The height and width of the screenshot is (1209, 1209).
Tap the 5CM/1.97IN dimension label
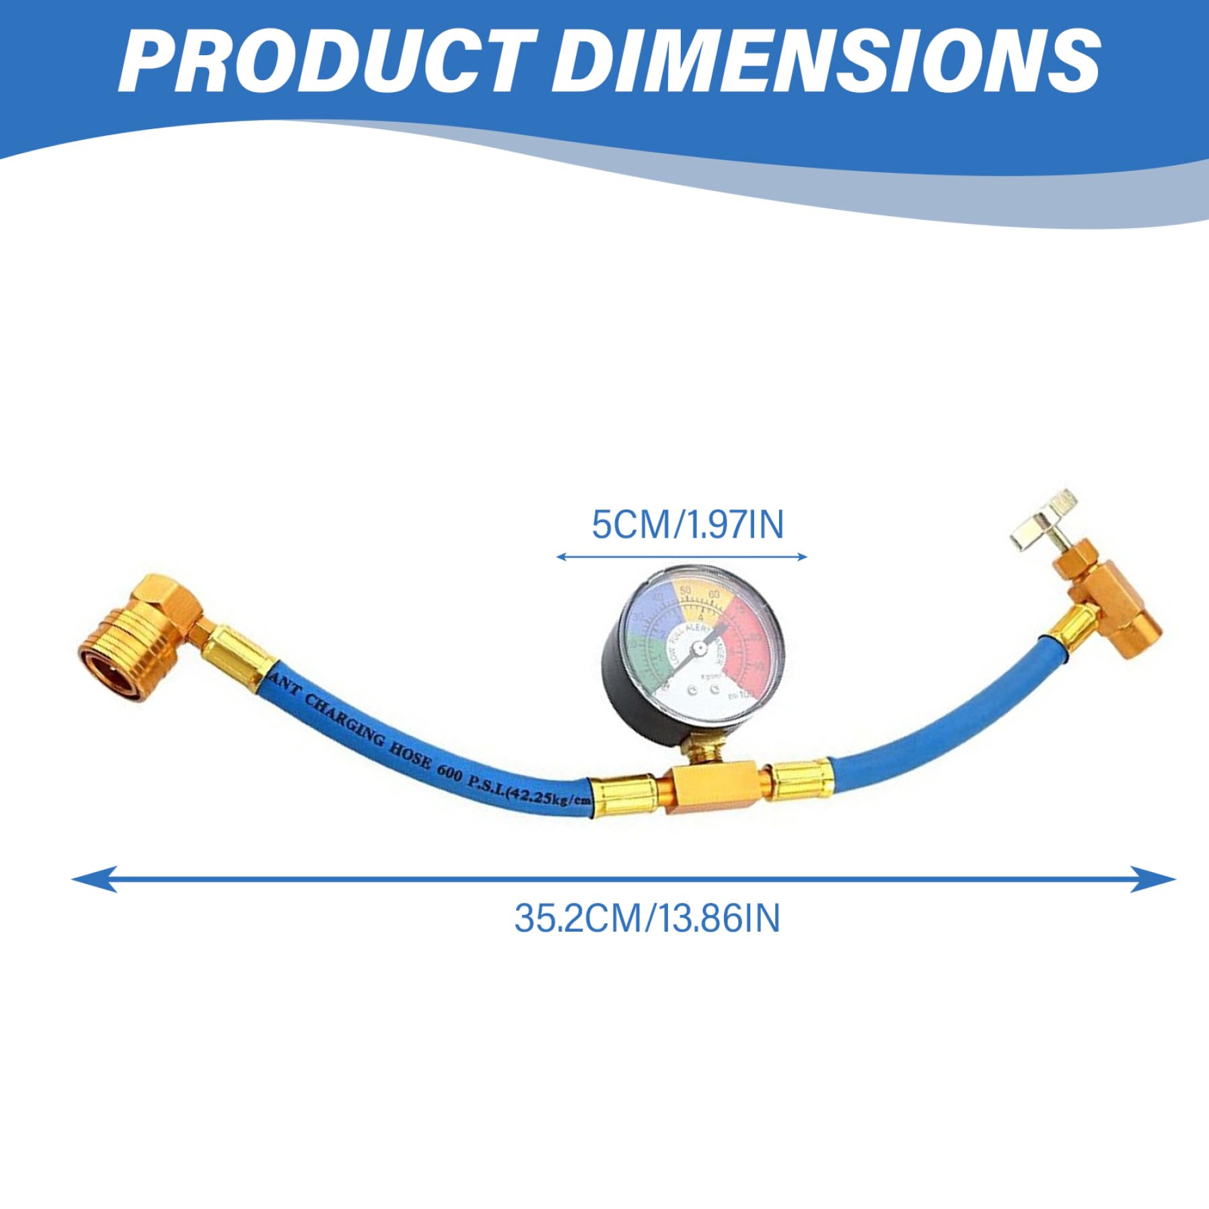tap(687, 524)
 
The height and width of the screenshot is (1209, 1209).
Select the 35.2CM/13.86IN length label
tap(647, 918)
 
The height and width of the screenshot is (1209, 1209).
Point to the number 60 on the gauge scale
tap(714, 594)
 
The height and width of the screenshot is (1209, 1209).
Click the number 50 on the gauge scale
tap(686, 590)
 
